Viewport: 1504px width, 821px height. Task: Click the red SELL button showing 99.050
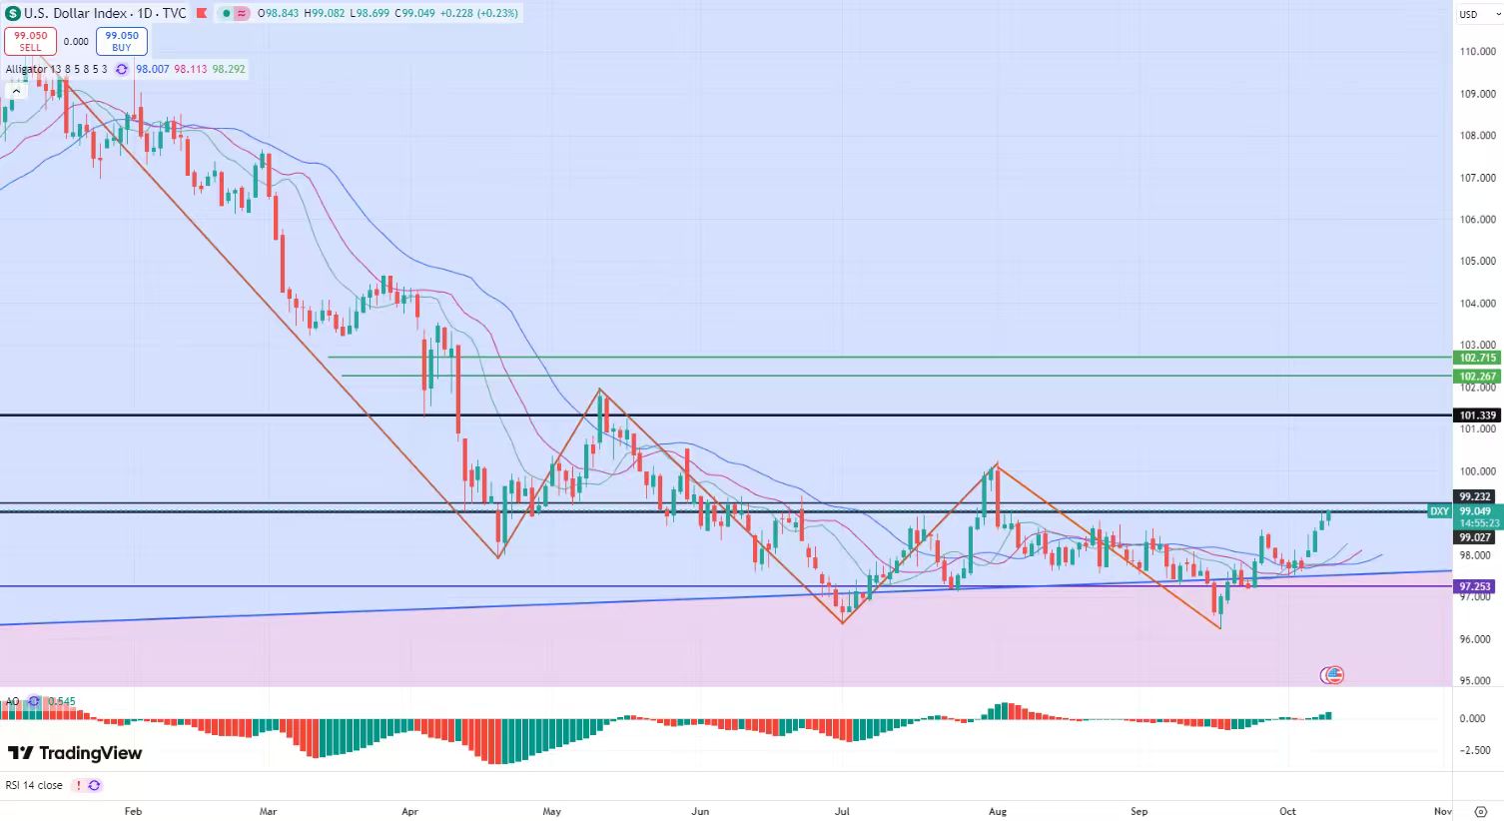click(x=30, y=41)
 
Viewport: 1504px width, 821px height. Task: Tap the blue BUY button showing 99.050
click(x=122, y=41)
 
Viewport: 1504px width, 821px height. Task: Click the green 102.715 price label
click(x=1477, y=358)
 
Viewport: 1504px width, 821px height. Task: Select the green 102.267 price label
click(x=1477, y=377)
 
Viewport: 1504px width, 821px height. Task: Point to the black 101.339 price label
click(x=1477, y=415)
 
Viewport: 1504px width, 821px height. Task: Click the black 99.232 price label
click(x=1475, y=496)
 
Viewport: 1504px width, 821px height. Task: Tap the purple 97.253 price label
click(x=1475, y=587)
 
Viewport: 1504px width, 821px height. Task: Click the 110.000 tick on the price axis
click(x=1477, y=52)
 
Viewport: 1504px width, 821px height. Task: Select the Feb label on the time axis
click(x=133, y=811)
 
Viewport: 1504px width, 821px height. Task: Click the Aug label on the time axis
click(x=996, y=811)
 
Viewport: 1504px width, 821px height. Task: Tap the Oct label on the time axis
click(x=1287, y=811)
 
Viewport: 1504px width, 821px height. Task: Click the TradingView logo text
click(x=76, y=753)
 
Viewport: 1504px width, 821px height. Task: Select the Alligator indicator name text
click(x=26, y=69)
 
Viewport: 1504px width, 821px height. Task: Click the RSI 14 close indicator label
click(x=34, y=785)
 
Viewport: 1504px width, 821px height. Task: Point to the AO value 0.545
click(x=62, y=701)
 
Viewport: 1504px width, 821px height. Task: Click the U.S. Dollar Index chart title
click(x=75, y=14)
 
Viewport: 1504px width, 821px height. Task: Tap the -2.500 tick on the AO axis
click(x=1474, y=750)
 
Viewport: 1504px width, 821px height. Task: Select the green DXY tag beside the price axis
click(x=1439, y=511)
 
